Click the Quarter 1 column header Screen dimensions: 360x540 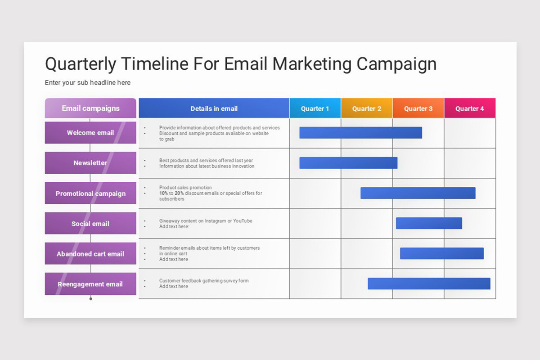(315, 108)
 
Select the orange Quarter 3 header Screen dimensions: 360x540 (418, 108)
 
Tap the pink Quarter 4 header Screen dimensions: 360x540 (470, 108)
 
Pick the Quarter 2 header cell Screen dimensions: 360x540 (367, 108)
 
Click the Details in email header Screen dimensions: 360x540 (214, 108)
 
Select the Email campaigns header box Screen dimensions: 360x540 (90, 108)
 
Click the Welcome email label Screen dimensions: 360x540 (90, 133)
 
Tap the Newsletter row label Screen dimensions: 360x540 (90, 163)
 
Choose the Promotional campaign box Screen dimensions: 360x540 (90, 193)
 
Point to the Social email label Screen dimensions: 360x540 (90, 224)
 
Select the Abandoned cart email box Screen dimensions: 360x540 (90, 254)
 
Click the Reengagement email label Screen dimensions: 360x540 (90, 284)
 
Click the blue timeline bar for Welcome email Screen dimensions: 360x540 (360, 133)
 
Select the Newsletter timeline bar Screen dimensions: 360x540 (348, 163)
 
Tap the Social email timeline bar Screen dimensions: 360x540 (429, 223)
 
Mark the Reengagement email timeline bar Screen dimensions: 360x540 (429, 283)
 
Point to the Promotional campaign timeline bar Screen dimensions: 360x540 (418, 193)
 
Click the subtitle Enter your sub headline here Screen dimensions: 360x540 (88, 83)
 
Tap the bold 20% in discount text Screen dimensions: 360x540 (179, 193)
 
